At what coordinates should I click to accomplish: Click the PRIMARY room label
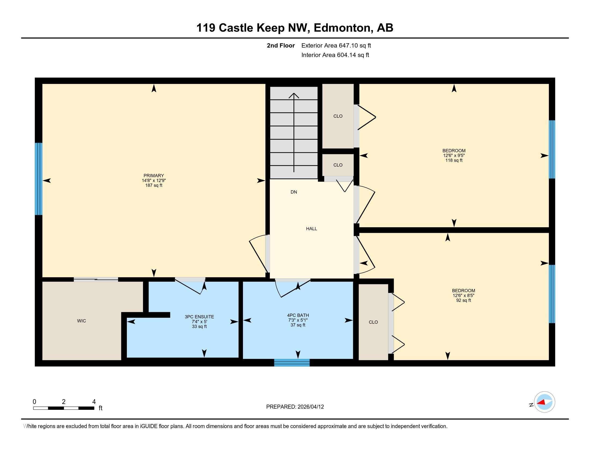pyautogui.click(x=154, y=176)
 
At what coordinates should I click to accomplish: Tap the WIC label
pyautogui.click(x=81, y=321)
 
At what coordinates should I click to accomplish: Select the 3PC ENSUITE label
pyautogui.click(x=199, y=317)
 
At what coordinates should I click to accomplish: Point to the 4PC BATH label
pyautogui.click(x=298, y=315)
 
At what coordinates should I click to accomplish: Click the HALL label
pyautogui.click(x=311, y=229)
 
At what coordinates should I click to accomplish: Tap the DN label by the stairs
pyautogui.click(x=294, y=192)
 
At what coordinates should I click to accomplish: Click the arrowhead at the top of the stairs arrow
pyautogui.click(x=294, y=95)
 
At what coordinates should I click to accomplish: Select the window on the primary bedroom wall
pyautogui.click(x=39, y=179)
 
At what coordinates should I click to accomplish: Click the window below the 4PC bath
pyautogui.click(x=292, y=362)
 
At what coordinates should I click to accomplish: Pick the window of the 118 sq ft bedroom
pyautogui.click(x=552, y=149)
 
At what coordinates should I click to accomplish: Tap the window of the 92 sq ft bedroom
pyautogui.click(x=552, y=294)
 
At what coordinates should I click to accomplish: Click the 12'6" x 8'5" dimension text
pyautogui.click(x=463, y=296)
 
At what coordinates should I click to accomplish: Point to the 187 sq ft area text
pyautogui.click(x=154, y=185)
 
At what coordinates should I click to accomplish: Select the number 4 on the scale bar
pyautogui.click(x=94, y=402)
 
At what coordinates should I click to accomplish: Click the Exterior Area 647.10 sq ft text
pyautogui.click(x=336, y=45)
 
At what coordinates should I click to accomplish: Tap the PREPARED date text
pyautogui.click(x=295, y=407)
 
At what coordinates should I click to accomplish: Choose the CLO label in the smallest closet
pyautogui.click(x=338, y=165)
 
